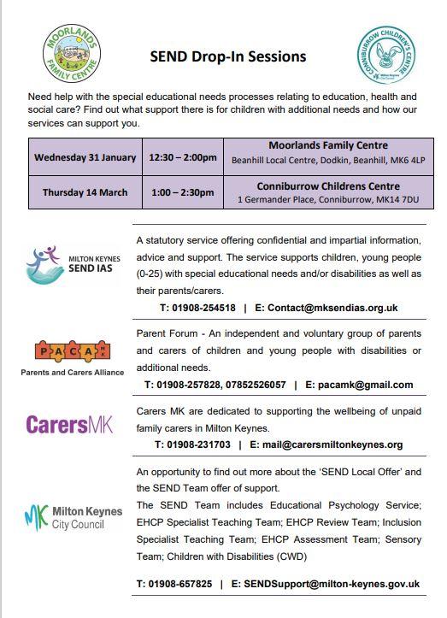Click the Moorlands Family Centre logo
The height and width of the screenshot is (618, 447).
point(72,54)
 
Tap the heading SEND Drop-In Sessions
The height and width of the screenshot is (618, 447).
point(227,57)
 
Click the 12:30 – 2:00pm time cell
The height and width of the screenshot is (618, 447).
point(181,157)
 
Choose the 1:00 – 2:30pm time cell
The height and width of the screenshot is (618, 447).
point(181,192)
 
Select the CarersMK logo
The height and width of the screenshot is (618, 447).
point(69,424)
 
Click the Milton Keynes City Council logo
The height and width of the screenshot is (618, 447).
point(74,517)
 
